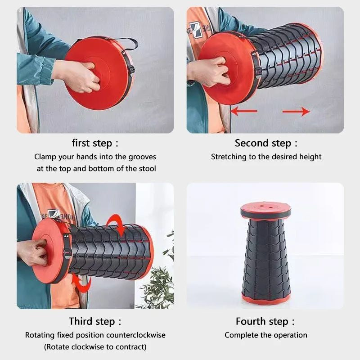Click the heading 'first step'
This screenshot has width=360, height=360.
[x=95, y=144]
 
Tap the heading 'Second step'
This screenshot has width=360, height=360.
[x=265, y=144]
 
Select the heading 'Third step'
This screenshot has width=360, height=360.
[x=95, y=321]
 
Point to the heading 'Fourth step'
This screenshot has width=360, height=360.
[x=265, y=321]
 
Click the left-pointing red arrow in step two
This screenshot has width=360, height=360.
[x=243, y=111]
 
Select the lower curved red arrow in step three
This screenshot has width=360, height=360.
[x=81, y=284]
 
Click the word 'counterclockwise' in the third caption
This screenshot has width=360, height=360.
[x=136, y=335]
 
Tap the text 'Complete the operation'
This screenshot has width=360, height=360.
[x=265, y=335]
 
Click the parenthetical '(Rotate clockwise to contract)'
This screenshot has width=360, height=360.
[x=95, y=347]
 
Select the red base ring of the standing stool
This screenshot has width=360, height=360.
[x=266, y=298]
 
